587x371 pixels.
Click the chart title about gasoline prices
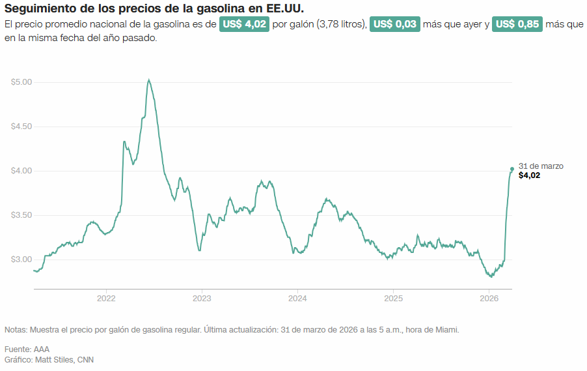pos(154,8)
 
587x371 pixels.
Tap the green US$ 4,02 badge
pos(244,24)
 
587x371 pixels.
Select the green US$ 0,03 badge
pos(394,24)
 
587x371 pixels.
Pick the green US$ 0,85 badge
pos(517,24)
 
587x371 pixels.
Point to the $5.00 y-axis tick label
pos(21,82)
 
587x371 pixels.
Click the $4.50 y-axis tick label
pos(21,126)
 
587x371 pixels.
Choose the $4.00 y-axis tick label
pos(21,171)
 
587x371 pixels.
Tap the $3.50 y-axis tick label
pos(21,215)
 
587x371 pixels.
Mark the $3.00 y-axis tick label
pos(21,260)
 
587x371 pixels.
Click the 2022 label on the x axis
pos(106,299)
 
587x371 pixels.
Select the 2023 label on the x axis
pos(202,299)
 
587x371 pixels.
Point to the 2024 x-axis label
pos(297,299)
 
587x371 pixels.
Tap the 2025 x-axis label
pos(393,299)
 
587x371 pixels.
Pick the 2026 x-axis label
pos(489,299)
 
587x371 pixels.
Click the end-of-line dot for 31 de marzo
pos(512,169)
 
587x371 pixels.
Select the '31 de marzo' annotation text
pos(541,166)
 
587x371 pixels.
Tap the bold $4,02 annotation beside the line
pos(529,175)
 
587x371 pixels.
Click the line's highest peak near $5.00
pos(149,80)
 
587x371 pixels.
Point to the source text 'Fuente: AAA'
pos(27,349)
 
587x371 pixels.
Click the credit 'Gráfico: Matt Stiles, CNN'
pos(49,360)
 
